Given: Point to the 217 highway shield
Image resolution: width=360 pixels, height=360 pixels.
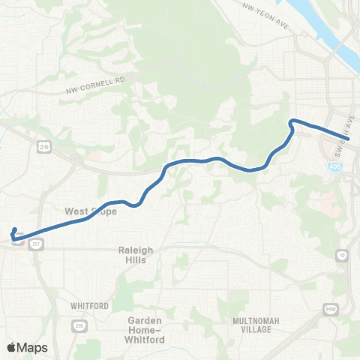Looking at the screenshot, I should point(37,244).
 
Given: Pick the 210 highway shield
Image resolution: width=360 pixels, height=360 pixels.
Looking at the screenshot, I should point(79,324).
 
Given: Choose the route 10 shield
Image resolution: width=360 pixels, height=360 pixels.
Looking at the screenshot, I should point(343,256).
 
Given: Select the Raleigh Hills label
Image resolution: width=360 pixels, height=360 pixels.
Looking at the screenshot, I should point(136,255).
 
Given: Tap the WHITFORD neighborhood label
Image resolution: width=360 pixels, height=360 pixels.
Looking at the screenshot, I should point(90,306).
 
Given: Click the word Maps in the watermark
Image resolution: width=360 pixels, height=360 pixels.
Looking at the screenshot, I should point(34,347).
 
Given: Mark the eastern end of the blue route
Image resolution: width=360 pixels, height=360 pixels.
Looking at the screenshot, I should point(347,139).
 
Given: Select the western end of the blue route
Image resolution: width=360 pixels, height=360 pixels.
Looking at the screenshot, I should point(16,229).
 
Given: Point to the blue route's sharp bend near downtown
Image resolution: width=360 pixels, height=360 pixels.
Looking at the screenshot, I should point(292,121).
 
